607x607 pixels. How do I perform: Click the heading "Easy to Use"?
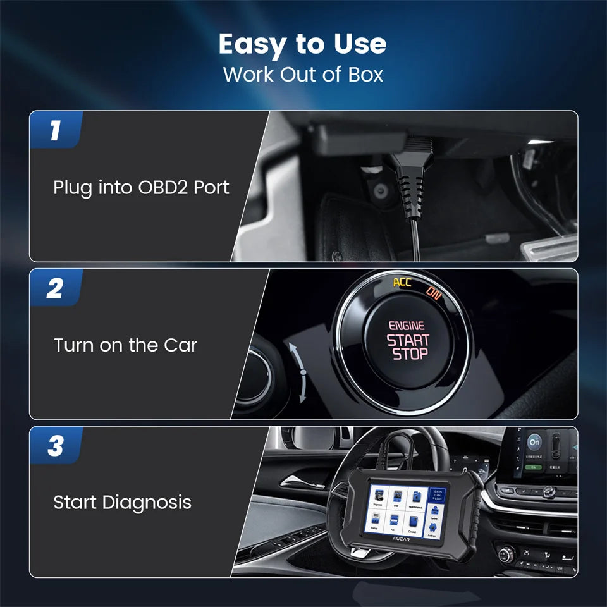click(x=303, y=44)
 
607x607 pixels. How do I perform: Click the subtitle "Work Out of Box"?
click(x=303, y=74)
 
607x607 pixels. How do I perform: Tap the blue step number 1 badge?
click(x=56, y=130)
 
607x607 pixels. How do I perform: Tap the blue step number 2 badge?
click(x=56, y=288)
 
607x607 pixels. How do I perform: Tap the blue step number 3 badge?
click(x=56, y=446)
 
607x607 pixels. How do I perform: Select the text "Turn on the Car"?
click(x=125, y=345)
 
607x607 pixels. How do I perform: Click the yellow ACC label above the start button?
click(x=402, y=282)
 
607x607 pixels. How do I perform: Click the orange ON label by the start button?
click(x=434, y=292)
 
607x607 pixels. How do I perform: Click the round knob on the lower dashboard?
click(x=506, y=555)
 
